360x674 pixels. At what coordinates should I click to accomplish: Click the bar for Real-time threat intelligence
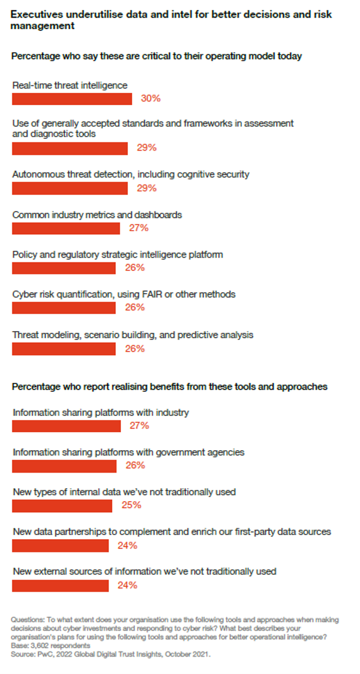tap(72, 99)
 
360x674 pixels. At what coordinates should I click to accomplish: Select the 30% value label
tap(151, 99)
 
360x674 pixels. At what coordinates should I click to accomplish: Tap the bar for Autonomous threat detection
tap(70, 188)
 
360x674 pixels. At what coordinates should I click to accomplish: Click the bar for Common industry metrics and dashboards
tap(66, 228)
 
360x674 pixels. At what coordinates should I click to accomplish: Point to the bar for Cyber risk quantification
tap(64, 308)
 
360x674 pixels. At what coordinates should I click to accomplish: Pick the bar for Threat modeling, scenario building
tap(64, 349)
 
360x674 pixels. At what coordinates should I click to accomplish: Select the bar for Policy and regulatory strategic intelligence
tap(64, 268)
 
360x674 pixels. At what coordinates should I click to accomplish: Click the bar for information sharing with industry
tap(66, 426)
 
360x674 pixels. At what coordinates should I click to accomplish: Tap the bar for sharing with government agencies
tap(64, 465)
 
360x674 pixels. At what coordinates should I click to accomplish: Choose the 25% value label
tap(131, 505)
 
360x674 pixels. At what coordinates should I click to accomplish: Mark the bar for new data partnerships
tap(60, 546)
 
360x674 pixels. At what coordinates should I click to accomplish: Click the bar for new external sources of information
tap(60, 585)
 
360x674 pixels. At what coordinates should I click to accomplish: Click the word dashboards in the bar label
tap(158, 215)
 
